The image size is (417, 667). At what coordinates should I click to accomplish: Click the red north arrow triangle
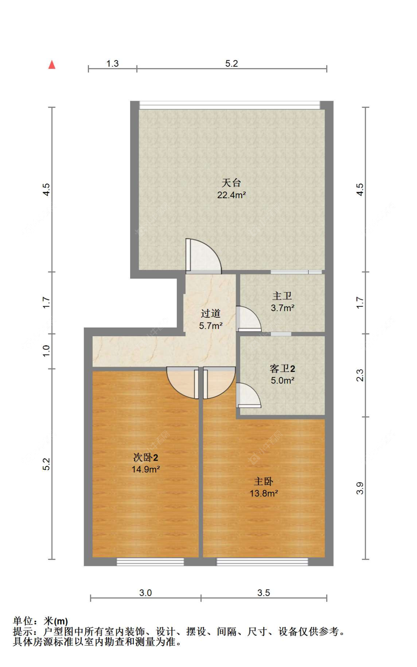52,65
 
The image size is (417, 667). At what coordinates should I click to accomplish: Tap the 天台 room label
231,183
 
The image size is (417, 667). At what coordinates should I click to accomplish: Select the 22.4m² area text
231,195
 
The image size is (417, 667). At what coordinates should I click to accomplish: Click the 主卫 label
282,296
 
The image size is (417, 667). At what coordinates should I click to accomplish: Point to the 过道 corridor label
211,314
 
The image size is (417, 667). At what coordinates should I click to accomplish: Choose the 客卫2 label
282,368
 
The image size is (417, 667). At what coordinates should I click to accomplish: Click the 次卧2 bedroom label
146,457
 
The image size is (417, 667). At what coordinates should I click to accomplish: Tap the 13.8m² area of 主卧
264,493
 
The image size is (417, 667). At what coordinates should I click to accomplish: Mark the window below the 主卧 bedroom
262,562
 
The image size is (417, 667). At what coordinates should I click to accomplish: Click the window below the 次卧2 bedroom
150,562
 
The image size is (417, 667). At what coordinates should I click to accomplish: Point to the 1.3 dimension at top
112,64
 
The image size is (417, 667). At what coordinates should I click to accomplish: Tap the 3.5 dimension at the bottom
264,593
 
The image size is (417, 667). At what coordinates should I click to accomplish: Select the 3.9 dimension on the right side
360,488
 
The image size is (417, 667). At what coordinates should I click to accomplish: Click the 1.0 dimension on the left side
46,351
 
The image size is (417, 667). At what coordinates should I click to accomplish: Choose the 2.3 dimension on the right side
360,375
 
